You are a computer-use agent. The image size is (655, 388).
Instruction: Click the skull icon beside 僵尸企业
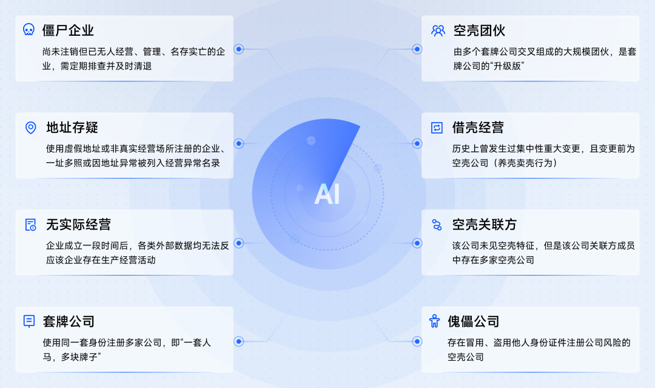pyautogui.click(x=28, y=30)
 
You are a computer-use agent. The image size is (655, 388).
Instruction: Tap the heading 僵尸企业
pyautogui.click(x=68, y=30)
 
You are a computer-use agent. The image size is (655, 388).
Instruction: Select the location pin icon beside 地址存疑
pyautogui.click(x=30, y=128)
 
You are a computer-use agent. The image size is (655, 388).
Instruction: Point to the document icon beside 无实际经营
pyautogui.click(x=30, y=225)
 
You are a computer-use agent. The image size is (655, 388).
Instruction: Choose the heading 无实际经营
pyautogui.click(x=78, y=225)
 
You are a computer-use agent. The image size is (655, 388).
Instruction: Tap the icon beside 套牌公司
pyautogui.click(x=29, y=321)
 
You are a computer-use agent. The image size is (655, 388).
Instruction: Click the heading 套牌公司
pyautogui.click(x=69, y=321)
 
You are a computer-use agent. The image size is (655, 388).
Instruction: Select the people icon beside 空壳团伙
pyautogui.click(x=438, y=30)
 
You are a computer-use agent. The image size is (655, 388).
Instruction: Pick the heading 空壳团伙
pyautogui.click(x=479, y=30)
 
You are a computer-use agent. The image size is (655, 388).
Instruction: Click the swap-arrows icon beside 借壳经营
pyautogui.click(x=437, y=128)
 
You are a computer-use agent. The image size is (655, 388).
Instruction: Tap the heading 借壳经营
pyautogui.click(x=478, y=128)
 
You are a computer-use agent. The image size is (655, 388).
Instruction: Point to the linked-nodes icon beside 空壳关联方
pyautogui.click(x=437, y=225)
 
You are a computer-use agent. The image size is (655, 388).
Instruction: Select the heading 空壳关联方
pyautogui.click(x=484, y=225)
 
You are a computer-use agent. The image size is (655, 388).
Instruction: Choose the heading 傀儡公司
pyautogui.click(x=474, y=321)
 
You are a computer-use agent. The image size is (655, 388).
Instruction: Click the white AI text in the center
pyautogui.click(x=327, y=194)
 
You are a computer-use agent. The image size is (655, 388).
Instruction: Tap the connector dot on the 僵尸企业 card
pyautogui.click(x=239, y=49)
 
